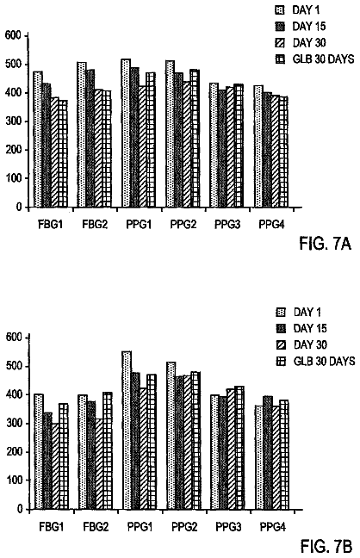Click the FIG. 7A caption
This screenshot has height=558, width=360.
(325, 245)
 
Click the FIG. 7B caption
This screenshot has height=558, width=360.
(326, 546)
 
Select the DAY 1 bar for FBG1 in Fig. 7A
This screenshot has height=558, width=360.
(38, 139)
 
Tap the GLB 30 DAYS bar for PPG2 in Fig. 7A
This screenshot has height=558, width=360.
(195, 138)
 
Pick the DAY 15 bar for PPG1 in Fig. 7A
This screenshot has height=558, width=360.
(134, 138)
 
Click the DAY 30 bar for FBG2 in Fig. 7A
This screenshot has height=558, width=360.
(98, 148)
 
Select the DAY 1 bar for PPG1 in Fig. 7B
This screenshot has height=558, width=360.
(127, 431)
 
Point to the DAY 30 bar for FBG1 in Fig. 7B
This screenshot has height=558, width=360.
(56, 466)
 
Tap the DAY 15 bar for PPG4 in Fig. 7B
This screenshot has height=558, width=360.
(268, 453)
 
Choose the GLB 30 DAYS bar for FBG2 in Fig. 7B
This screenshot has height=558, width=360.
(108, 451)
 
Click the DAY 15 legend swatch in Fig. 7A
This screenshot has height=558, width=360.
(280, 26)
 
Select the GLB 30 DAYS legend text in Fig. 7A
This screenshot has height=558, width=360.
(323, 59)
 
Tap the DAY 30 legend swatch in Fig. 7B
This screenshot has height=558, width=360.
(281, 344)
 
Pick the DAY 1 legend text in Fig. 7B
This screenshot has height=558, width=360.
(307, 312)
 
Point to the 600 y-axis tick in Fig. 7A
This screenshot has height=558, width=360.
(14, 35)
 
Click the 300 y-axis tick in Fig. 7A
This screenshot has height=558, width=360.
(14, 121)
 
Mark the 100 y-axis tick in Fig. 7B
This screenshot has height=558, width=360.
(15, 480)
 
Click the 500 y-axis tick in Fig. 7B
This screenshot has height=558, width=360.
(15, 366)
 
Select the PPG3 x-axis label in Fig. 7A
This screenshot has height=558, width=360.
(227, 225)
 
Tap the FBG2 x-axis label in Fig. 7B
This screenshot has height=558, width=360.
(96, 527)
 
